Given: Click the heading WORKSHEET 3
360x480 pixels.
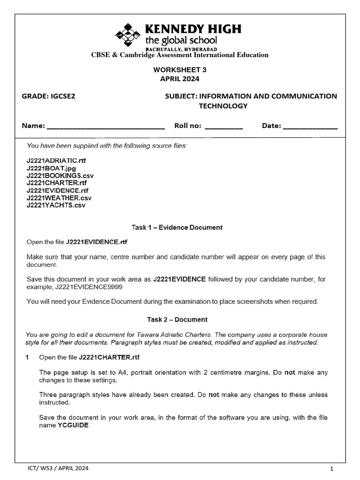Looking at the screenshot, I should click(180, 69).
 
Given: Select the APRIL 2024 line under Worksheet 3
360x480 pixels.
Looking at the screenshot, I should click(180, 79).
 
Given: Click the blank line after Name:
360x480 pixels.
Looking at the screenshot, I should click(106, 127).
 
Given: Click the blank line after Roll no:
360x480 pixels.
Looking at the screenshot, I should click(224, 127).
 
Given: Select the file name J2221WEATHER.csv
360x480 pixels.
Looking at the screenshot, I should click(59, 198).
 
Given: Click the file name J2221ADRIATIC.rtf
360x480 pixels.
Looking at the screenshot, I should click(56, 160).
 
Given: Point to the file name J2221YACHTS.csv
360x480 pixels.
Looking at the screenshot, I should click(56, 205).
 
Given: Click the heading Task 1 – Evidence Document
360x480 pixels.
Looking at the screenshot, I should click(177, 228).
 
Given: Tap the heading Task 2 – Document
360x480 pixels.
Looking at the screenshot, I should click(177, 320).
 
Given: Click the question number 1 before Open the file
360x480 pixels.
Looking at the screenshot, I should click(28, 358).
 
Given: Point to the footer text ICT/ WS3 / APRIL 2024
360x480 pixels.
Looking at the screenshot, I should click(58, 468).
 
